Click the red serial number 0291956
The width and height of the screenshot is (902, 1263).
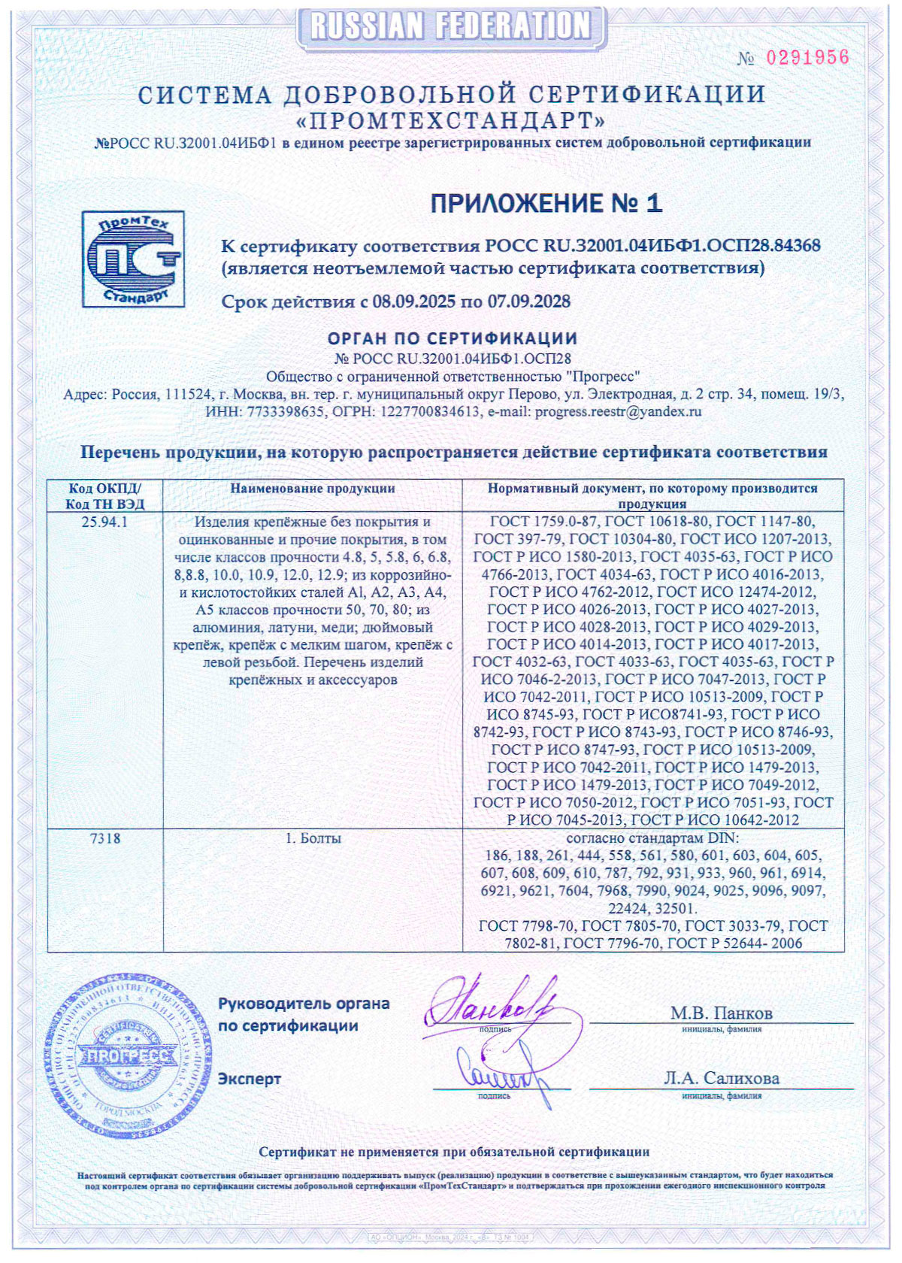click(x=807, y=58)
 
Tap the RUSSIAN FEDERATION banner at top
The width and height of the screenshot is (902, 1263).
click(x=451, y=26)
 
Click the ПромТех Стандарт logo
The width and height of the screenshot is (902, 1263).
click(x=133, y=259)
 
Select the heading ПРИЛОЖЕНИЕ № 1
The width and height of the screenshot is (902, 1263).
click(x=546, y=203)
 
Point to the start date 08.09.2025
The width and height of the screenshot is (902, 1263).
click(x=414, y=302)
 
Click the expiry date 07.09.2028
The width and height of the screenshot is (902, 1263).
click(x=529, y=302)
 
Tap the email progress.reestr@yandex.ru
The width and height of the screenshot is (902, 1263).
click(x=618, y=412)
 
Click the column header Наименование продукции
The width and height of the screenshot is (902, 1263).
click(x=313, y=489)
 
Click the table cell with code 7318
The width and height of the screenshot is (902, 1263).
click(x=104, y=838)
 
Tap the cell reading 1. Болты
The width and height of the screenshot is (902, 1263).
click(x=313, y=838)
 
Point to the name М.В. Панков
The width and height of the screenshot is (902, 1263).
click(x=722, y=1013)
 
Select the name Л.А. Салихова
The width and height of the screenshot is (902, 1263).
click(x=722, y=1078)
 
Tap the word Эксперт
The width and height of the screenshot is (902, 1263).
click(x=250, y=1079)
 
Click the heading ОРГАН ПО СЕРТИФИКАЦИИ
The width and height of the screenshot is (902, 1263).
click(x=453, y=339)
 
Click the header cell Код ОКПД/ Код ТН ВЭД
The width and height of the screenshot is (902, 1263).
click(x=104, y=496)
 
